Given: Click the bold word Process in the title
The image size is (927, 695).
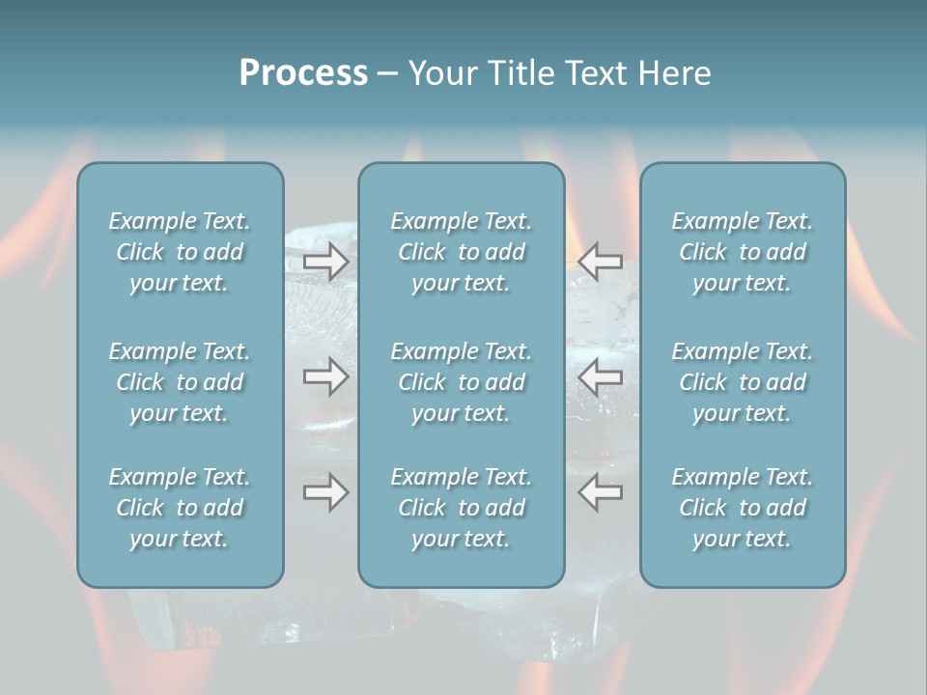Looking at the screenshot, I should click(303, 73).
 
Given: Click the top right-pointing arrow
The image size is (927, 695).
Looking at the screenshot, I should click(326, 261).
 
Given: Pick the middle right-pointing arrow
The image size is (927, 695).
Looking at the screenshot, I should click(326, 376).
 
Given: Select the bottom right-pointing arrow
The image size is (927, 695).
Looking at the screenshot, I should click(326, 492).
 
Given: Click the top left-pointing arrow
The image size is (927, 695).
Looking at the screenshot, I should click(601, 261).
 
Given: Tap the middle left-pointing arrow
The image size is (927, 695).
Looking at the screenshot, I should click(601, 376).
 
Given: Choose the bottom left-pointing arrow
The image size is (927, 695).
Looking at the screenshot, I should click(601, 492).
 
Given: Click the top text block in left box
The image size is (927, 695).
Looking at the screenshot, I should click(180, 252).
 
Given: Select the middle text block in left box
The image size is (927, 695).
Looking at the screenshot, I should click(180, 382).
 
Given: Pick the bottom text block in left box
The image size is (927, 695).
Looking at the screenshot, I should click(180, 508).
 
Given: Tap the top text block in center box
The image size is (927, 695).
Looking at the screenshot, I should click(462, 252).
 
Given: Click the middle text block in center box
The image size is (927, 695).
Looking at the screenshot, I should click(462, 382).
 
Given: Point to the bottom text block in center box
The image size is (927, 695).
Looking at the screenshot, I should click(462, 508).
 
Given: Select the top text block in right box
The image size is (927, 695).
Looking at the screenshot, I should click(743, 252).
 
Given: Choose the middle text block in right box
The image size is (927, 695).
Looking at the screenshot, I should click(743, 382).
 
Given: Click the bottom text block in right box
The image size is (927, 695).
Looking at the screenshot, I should click(743, 508).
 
